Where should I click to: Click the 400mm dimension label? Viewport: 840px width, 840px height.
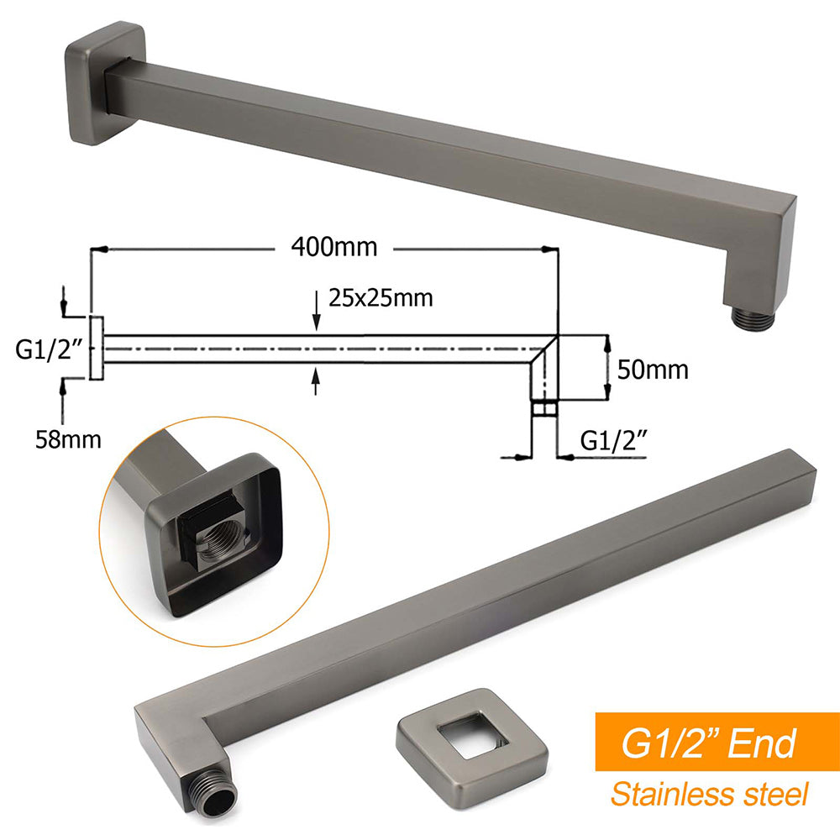click(x=334, y=248)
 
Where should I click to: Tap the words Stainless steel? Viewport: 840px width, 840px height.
click(x=709, y=793)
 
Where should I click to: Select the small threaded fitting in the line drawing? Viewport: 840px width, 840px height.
click(x=544, y=409)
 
